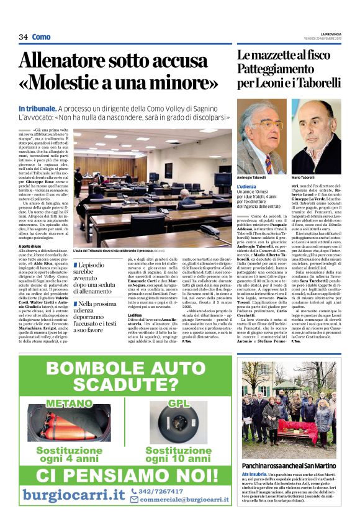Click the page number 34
(x=24, y=37)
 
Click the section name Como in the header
(x=42, y=37)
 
